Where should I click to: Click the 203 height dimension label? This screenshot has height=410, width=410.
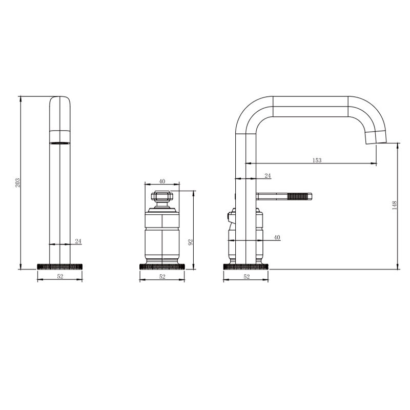coord(17,182)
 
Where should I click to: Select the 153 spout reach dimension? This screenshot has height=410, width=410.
coord(317,160)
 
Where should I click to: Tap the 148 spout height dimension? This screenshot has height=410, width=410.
coord(395,206)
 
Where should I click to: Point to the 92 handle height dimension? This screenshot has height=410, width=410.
coord(191,242)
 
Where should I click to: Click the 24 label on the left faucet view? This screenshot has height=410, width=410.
coord(78,241)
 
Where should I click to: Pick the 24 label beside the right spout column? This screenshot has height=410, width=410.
coord(268,176)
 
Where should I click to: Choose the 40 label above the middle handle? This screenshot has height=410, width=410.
coord(162,181)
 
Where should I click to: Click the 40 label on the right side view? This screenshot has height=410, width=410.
coord(277,237)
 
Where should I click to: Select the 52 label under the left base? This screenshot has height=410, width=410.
coord(60,276)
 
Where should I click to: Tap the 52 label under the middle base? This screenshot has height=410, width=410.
coord(162,277)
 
